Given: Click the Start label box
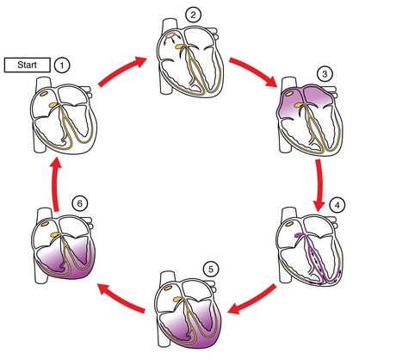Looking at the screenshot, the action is point(28,65).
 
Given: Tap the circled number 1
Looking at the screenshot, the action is point(62,65).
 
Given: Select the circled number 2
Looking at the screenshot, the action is point(193,15).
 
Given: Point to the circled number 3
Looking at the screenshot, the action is point(325,74).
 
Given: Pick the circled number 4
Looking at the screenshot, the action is point(337,205).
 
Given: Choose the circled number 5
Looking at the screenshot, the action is point(211,270).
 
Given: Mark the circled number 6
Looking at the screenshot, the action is point(79,203).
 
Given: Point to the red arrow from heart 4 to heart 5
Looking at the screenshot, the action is point(252,300).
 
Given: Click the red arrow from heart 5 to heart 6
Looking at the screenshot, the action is point(121,298).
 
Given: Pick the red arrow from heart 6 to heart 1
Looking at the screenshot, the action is point(57,183).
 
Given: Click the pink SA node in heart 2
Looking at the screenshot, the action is point(170,35).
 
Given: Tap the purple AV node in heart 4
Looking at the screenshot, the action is point(299,235).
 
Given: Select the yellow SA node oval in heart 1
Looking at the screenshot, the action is point(44,94).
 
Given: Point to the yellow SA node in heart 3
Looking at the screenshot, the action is point(288,93).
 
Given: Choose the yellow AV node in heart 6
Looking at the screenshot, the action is point(54,235).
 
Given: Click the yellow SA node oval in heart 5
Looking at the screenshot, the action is point(168,288).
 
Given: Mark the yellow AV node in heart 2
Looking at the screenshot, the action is point(179,47).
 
